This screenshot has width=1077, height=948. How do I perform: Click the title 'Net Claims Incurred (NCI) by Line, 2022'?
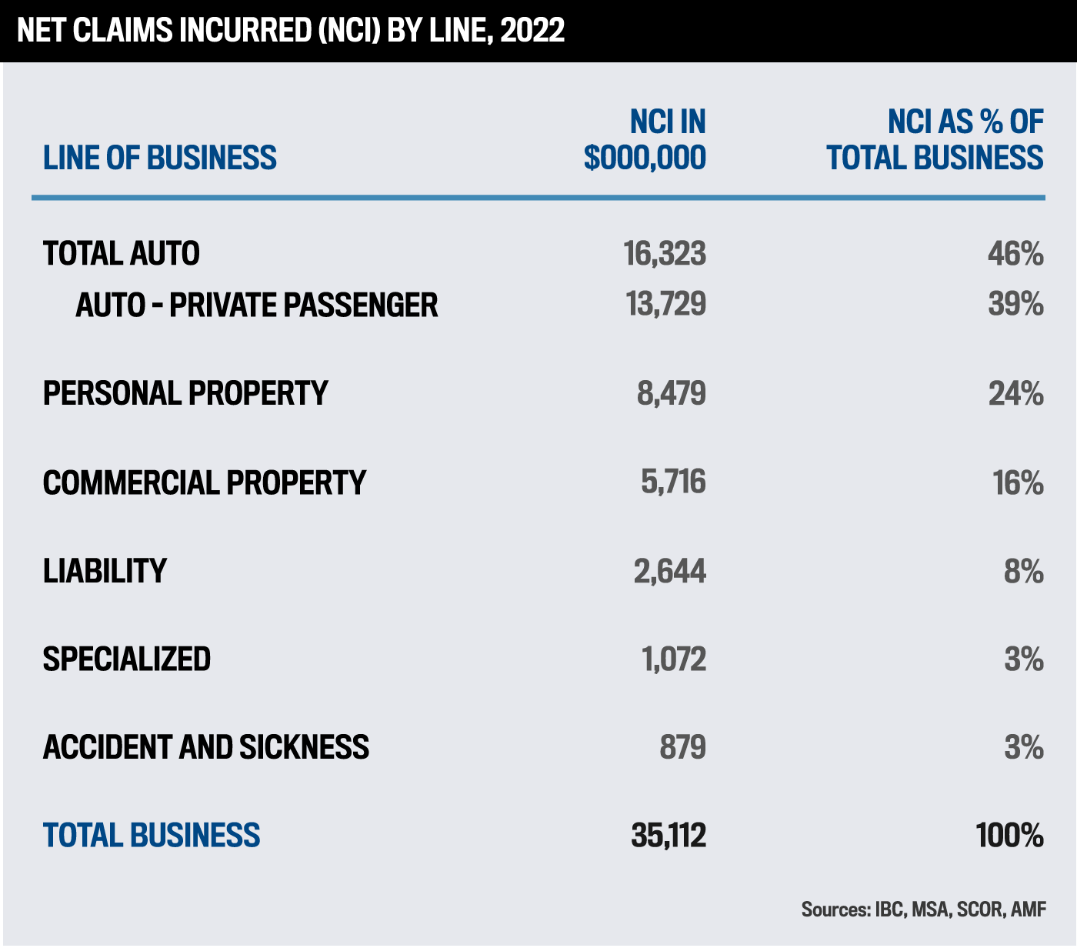[291, 31]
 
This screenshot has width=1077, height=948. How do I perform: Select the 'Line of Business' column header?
[160, 158]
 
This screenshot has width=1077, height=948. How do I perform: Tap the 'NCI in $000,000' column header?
[645, 139]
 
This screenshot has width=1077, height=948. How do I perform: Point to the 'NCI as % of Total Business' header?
[935, 139]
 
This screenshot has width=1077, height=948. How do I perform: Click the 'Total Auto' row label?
[122, 254]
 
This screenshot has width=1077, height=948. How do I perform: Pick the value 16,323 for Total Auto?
[665, 254]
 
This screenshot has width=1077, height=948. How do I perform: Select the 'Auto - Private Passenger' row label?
[256, 305]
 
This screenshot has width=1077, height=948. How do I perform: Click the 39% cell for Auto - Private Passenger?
[1015, 305]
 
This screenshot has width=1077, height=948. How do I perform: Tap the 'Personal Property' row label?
[185, 393]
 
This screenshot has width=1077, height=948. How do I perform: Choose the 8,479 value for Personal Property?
[671, 393]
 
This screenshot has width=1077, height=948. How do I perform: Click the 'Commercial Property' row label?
[205, 482]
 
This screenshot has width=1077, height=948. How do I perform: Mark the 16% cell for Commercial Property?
[1018, 482]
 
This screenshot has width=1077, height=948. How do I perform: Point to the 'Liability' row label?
[105, 571]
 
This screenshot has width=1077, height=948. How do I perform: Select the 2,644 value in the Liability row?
[669, 571]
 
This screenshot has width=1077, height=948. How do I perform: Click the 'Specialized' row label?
[127, 659]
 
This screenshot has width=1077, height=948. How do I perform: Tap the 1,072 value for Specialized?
[673, 659]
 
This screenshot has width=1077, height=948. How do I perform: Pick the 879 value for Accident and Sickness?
[682, 747]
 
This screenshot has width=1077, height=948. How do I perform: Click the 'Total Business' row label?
[152, 836]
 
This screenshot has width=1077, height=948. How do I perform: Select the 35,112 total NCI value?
[668, 836]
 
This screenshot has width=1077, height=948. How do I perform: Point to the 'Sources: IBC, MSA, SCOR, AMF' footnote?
[923, 910]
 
